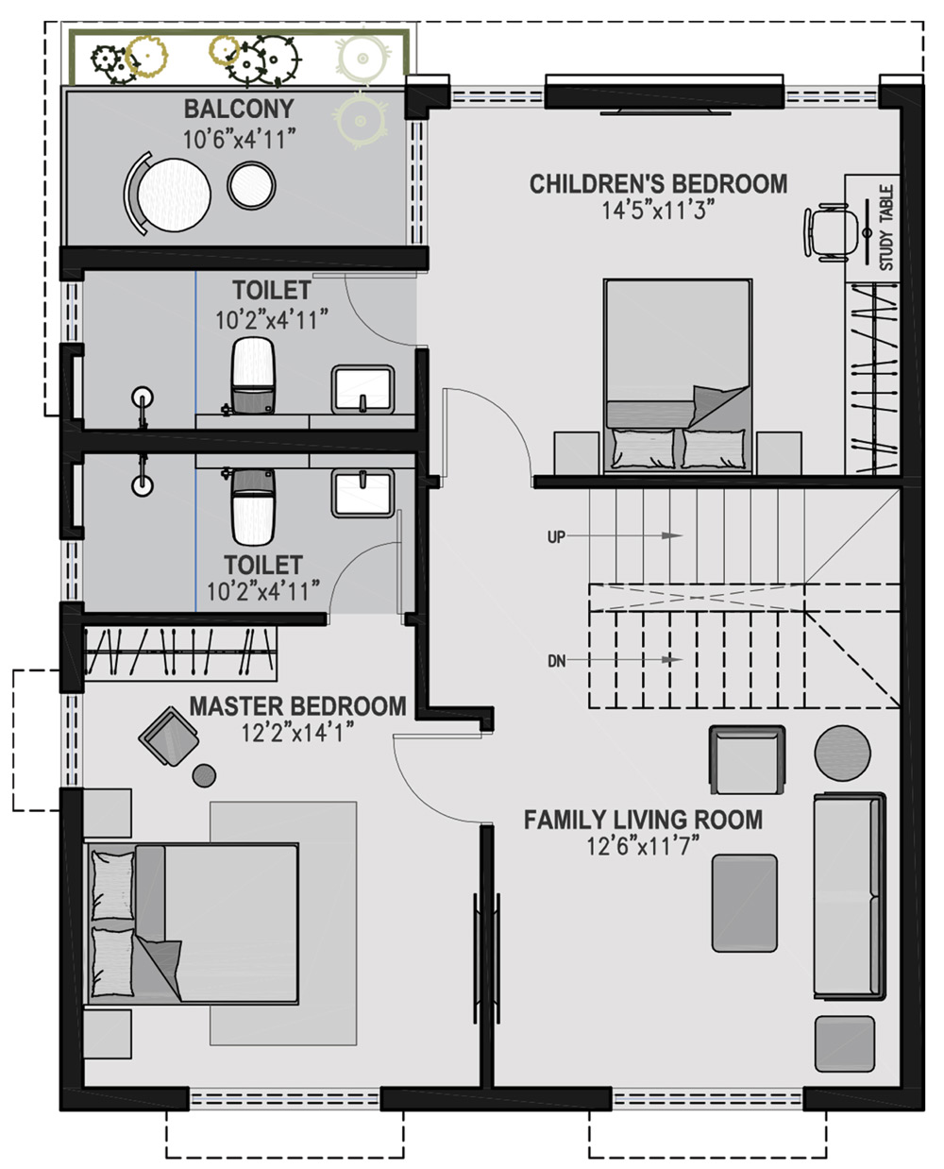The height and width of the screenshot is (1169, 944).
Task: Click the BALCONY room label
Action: click(x=239, y=109)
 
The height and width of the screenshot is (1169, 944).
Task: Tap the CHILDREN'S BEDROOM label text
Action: click(x=658, y=184)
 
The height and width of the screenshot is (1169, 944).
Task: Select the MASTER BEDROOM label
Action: click(x=298, y=706)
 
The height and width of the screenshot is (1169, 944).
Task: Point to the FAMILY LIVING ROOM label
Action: click(x=643, y=820)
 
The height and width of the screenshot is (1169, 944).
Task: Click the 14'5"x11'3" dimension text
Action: click(x=658, y=211)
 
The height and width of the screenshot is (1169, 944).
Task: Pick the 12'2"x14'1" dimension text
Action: click(x=298, y=733)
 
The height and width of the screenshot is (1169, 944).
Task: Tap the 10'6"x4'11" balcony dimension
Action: click(x=239, y=140)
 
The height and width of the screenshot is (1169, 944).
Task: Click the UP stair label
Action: click(x=556, y=536)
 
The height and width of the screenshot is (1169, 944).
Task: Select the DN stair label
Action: click(x=556, y=661)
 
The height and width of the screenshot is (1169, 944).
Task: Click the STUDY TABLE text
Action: click(x=886, y=228)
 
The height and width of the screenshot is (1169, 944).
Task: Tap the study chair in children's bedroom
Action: click(x=830, y=231)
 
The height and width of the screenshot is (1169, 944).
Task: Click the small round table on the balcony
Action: click(x=252, y=185)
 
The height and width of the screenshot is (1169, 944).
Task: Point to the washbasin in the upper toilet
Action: click(x=362, y=389)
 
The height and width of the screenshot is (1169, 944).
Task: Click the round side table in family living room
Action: click(x=842, y=753)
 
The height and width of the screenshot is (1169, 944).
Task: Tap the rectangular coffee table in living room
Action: click(x=744, y=903)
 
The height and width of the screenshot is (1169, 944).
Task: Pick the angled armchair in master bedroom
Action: click(x=169, y=736)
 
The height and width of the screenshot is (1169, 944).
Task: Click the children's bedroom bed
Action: click(x=678, y=377)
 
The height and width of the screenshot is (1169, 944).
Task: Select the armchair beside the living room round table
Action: click(x=747, y=759)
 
